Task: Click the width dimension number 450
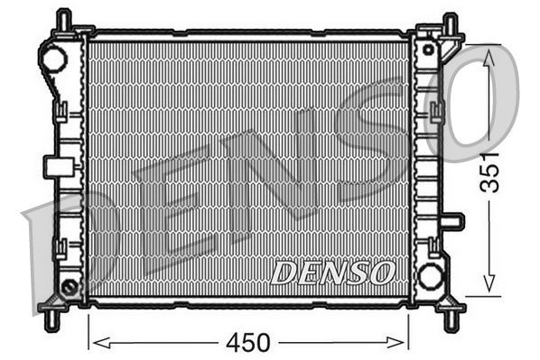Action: pos(248,343)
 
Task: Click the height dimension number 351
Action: pos(489,171)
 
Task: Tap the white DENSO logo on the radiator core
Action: pos(332,271)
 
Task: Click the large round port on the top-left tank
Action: pos(54,60)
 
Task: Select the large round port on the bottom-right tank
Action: pos(431,275)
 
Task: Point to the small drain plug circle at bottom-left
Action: pos(69,288)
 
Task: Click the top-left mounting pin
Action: pos(62,21)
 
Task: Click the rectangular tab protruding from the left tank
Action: pos(56,166)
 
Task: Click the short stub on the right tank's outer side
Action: pos(453,221)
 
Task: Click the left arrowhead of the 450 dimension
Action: pos(95,342)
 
